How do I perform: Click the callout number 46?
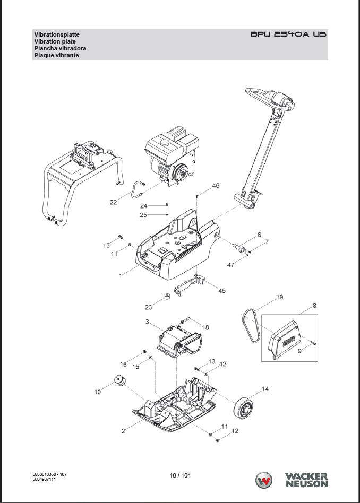216,186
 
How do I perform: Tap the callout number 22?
114,202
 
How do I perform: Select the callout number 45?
222,291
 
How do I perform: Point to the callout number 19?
280,297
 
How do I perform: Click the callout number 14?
265,389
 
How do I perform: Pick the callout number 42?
222,364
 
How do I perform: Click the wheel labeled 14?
243,408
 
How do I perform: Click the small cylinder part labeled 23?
167,296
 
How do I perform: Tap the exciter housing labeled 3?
179,341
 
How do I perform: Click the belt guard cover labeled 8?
285,339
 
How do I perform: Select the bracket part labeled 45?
190,284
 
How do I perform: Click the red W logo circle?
264,481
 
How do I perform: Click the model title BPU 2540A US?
288,34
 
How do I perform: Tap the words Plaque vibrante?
56,55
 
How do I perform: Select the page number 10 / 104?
180,475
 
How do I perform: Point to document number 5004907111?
44,479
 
